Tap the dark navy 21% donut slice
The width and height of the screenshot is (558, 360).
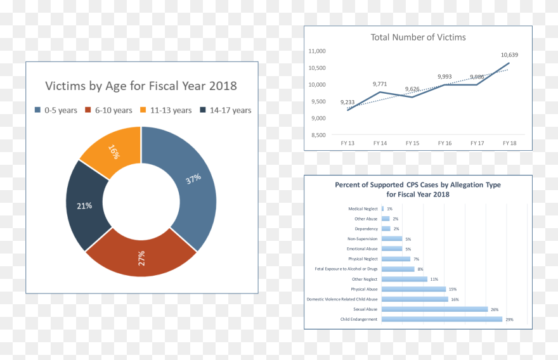coord(84,205)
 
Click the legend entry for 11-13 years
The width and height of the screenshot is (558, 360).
coord(165,110)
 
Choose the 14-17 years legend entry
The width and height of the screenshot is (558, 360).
coord(226,110)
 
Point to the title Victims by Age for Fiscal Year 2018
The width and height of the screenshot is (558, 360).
coord(141,86)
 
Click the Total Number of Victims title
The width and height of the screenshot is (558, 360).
coord(418,37)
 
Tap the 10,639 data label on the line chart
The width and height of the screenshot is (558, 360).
coord(509,55)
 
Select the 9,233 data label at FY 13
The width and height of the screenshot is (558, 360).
coord(347,102)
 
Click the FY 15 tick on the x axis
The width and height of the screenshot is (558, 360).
coord(412,143)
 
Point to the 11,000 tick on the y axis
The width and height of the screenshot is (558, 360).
coord(316,51)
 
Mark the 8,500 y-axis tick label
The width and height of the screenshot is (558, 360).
coord(316,135)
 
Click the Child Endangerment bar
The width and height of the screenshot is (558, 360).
coord(441,319)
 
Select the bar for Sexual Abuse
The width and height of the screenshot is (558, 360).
coord(434,309)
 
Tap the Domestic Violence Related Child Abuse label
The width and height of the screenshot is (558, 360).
coord(342,299)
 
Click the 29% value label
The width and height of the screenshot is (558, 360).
coord(509,319)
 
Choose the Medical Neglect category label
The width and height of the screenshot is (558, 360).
coord(363,209)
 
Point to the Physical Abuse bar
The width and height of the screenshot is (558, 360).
coord(413,289)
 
